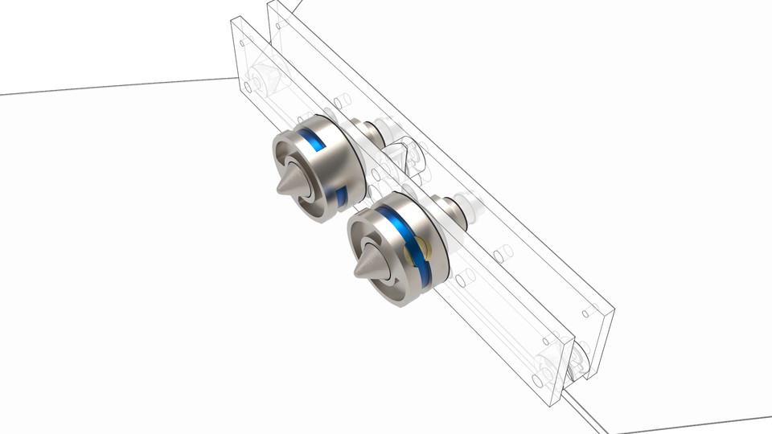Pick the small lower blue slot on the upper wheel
(x=341, y=195)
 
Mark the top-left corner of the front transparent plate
(x=234, y=23)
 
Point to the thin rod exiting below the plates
(x=587, y=414)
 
